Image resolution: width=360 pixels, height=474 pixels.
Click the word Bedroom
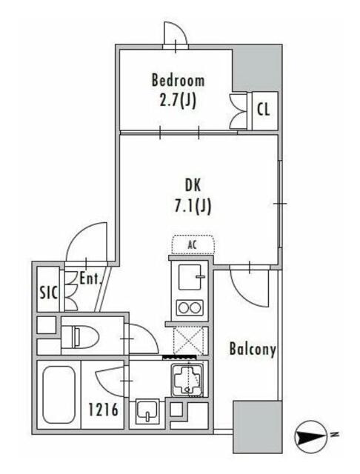[178, 81]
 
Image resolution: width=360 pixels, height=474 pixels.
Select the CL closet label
[263, 110]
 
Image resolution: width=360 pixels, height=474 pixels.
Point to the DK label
[193, 185]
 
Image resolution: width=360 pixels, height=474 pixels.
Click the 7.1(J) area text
[193, 207]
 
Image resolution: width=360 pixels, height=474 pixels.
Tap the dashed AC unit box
[193, 244]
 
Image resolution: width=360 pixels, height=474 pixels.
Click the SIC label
[49, 293]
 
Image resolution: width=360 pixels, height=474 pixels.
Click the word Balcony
[253, 349]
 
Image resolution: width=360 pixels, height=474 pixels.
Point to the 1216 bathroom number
[103, 410]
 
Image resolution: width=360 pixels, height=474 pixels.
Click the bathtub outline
[59, 395]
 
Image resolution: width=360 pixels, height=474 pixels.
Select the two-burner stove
[190, 308]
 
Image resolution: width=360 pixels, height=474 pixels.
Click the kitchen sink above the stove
[190, 277]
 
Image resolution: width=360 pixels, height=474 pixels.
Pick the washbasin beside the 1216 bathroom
[147, 410]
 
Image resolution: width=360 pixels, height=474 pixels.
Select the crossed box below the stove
[188, 341]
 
